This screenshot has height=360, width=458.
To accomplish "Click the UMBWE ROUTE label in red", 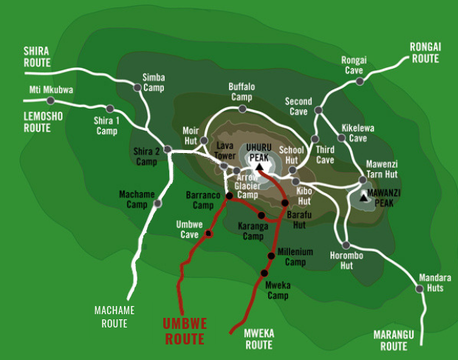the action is pos(185,331).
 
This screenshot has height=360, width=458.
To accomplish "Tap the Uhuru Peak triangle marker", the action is pos(259,166).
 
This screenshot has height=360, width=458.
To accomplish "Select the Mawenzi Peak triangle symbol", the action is pos(363,197).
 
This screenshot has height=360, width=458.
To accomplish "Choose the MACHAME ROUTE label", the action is pos(110,317).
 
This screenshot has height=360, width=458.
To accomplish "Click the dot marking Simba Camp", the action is pos(137,86).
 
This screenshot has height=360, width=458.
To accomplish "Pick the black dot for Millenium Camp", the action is pos(271,256).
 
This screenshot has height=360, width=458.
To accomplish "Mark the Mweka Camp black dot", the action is pos(263,274).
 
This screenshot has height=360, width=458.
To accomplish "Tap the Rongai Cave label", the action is pos(353,65).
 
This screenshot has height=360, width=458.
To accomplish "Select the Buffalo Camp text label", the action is pos(242,92).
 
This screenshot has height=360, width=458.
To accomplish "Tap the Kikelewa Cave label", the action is pos(358,132).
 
